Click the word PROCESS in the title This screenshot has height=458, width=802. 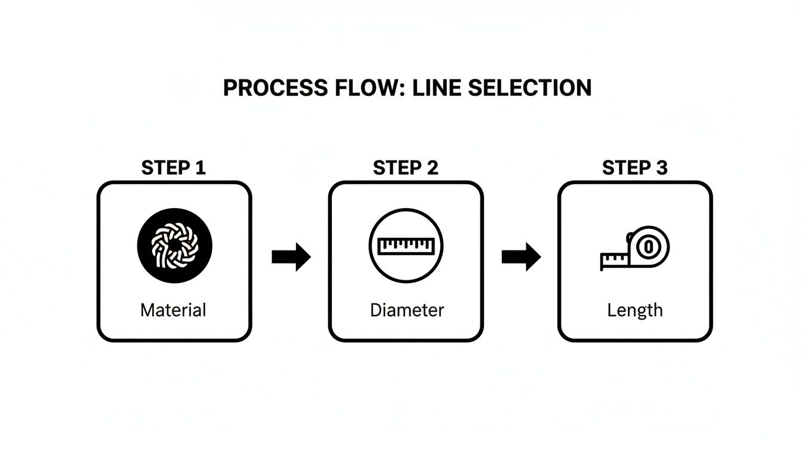(x=274, y=88)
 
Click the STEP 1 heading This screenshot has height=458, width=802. (x=174, y=168)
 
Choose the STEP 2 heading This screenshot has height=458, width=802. (x=405, y=168)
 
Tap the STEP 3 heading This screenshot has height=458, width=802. (x=635, y=168)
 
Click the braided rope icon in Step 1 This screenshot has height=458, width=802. (x=174, y=245)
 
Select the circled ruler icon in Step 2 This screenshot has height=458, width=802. (x=405, y=245)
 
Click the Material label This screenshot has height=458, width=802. (x=173, y=310)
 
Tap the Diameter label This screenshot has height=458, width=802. (x=407, y=310)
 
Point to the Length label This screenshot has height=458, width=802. (x=635, y=310)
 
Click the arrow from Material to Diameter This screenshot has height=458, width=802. (x=291, y=257)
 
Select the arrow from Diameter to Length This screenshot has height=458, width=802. (x=521, y=257)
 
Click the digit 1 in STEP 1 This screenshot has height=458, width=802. (x=200, y=168)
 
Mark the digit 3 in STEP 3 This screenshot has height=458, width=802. (x=661, y=168)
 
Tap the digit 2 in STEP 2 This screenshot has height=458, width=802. (x=431, y=168)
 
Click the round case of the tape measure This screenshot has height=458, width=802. (x=649, y=246)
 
